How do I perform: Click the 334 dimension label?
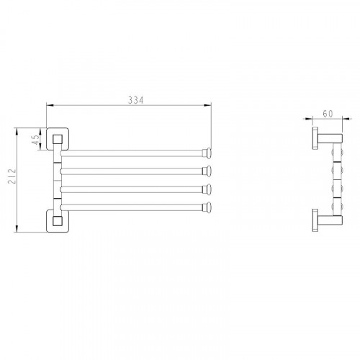[135, 100]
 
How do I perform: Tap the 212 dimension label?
[12, 176]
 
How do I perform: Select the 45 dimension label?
[35, 140]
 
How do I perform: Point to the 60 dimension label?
[328, 114]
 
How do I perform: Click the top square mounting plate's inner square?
[58, 139]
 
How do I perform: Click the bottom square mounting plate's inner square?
[58, 221]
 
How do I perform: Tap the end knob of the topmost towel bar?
[207, 153]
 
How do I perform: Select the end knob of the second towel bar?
[207, 171]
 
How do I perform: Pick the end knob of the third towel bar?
[207, 189]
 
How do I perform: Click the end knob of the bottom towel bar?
[207, 207]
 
